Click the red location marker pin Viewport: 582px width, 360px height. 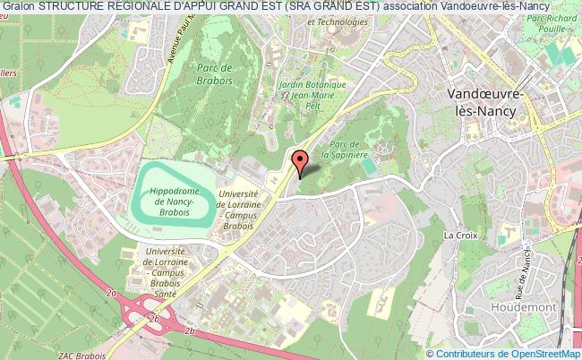click(x=300, y=162)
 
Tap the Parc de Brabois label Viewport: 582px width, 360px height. click(x=215, y=74)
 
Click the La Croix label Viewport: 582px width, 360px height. click(x=461, y=235)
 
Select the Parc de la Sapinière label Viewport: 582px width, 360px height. click(x=349, y=149)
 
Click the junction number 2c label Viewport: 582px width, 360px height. click(x=154, y=318)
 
